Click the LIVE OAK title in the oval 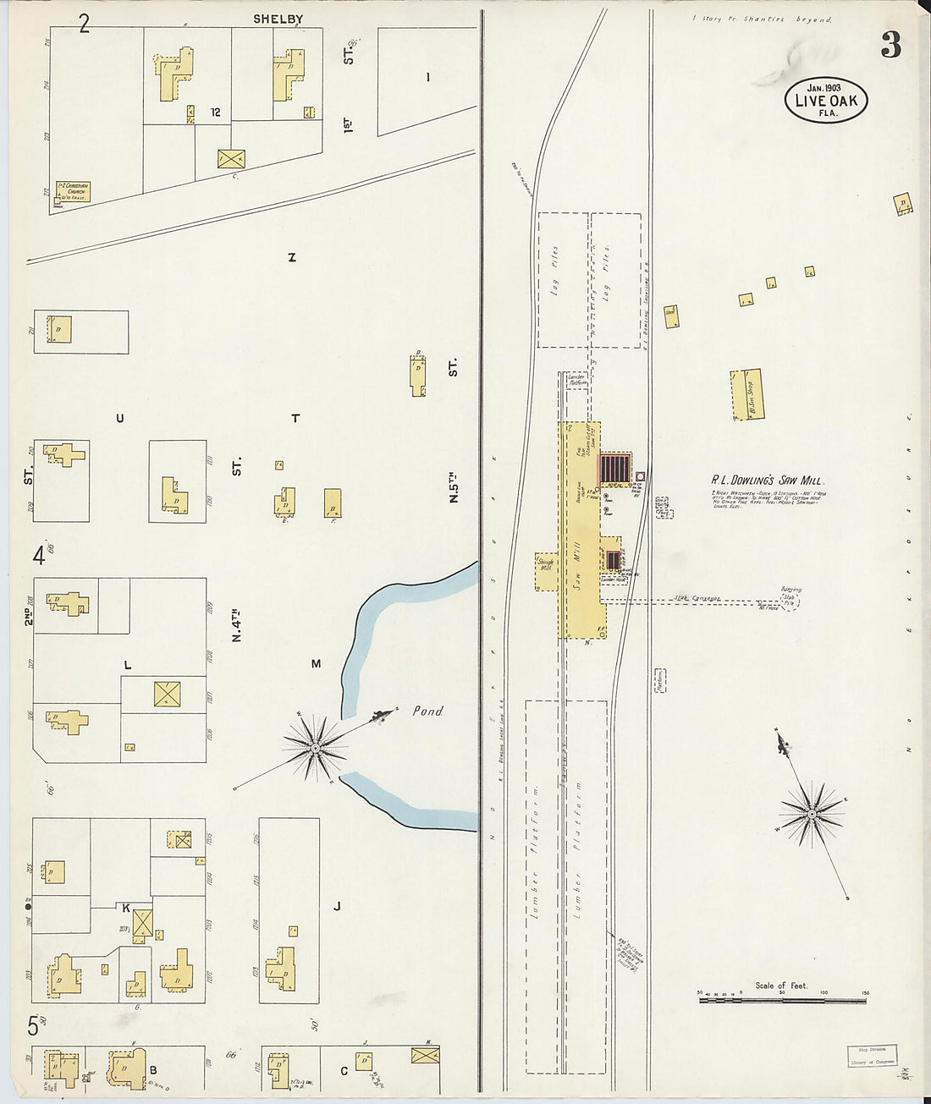pos(825,102)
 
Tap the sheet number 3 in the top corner pos(890,45)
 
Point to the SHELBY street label pos(278,19)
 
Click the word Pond pos(427,711)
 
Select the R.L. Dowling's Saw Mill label pos(768,481)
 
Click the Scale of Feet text pos(781,986)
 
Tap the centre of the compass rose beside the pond pos(315,748)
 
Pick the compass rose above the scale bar pos(812,814)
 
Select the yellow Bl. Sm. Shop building pos(746,394)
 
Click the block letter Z pos(292,258)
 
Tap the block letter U pos(119,418)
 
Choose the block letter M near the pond pos(316,664)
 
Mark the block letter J pos(337,907)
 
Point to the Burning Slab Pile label pos(791,596)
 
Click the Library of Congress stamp pos(871,1055)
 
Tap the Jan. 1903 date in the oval pos(825,87)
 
